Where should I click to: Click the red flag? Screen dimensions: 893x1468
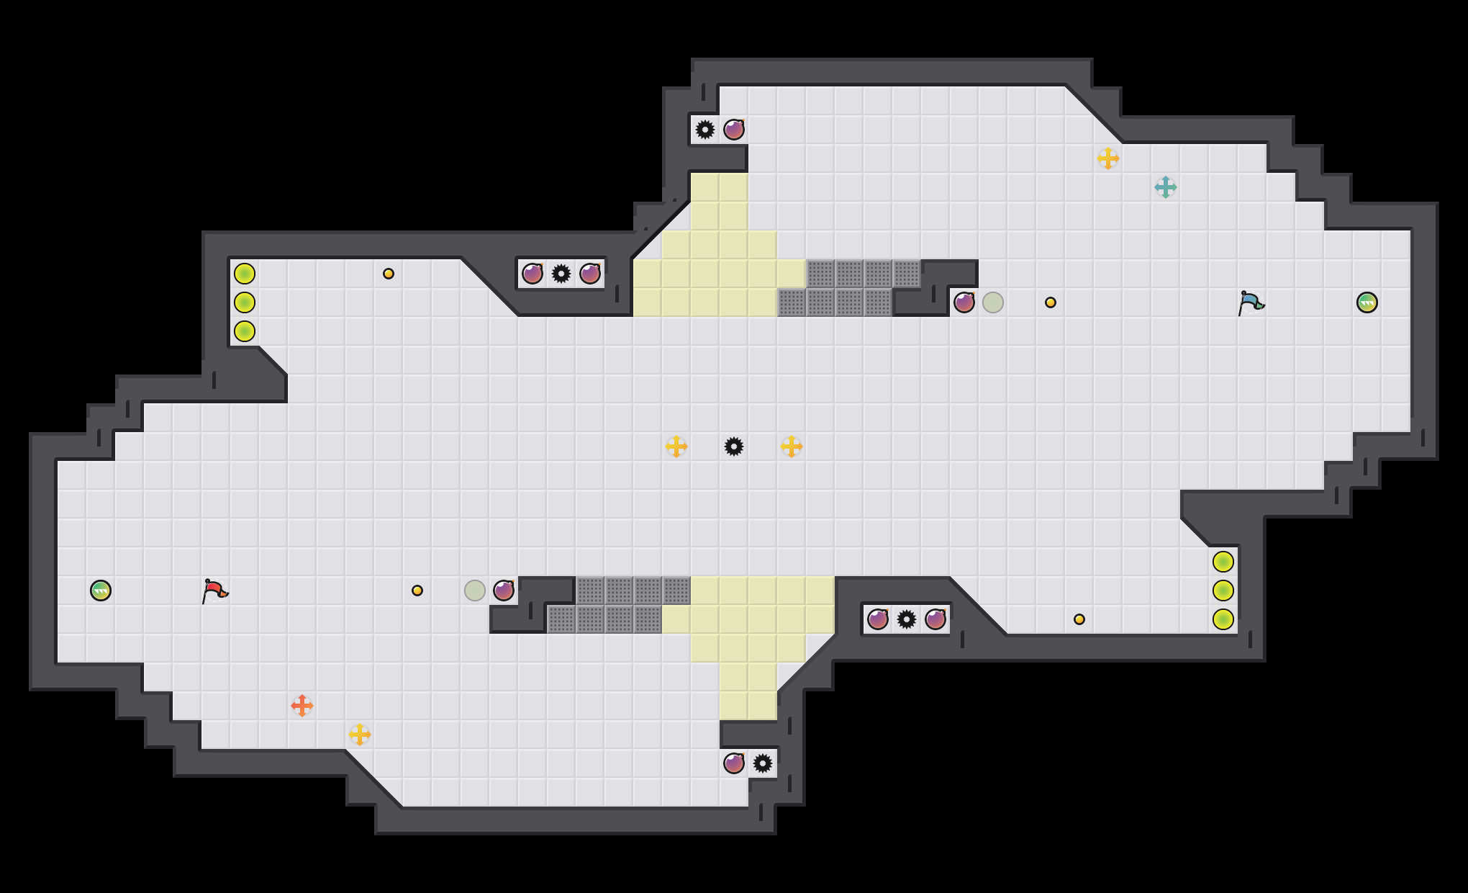pyautogui.click(x=214, y=591)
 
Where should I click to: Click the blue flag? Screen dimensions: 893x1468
pyautogui.click(x=1251, y=302)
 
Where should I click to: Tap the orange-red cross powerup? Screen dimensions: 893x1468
pyautogui.click(x=302, y=706)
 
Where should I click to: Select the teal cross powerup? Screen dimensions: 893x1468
pyautogui.click(x=1166, y=187)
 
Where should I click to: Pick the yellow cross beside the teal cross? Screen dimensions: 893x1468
pyautogui.click(x=1108, y=158)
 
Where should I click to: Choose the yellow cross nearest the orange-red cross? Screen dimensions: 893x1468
pyautogui.click(x=360, y=735)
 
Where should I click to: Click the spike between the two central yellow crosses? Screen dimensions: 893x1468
pyautogui.click(x=734, y=447)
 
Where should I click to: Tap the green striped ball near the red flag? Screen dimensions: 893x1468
pyautogui.click(x=101, y=591)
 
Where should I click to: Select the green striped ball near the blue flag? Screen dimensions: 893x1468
pyautogui.click(x=1367, y=302)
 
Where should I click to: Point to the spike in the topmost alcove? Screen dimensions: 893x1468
pyautogui.click(x=705, y=130)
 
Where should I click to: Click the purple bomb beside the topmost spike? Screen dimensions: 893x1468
pyautogui.click(x=734, y=130)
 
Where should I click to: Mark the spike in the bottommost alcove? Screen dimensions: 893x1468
pyautogui.click(x=763, y=763)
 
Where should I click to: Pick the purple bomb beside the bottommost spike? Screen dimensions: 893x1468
pyautogui.click(x=734, y=763)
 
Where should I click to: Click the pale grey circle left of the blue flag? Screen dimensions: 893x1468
pyautogui.click(x=993, y=302)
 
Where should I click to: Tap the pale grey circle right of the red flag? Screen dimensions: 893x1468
pyautogui.click(x=475, y=591)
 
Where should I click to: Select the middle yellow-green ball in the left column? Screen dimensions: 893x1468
pyautogui.click(x=245, y=302)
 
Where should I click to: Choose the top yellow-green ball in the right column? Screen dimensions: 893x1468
pyautogui.click(x=1223, y=562)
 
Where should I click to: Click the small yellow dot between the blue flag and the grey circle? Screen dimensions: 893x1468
pyautogui.click(x=1051, y=302)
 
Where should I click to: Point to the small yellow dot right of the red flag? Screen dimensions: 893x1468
pyautogui.click(x=417, y=591)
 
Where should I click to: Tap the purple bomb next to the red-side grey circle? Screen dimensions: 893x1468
pyautogui.click(x=504, y=591)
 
